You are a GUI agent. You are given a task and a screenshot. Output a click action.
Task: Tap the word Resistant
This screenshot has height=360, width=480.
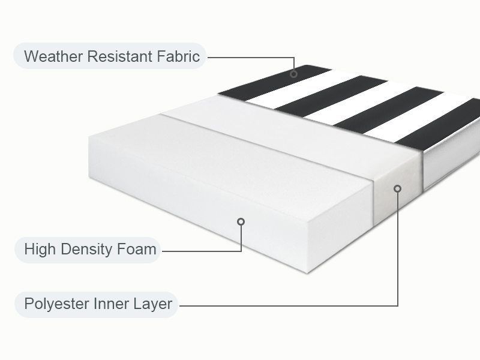click(x=116, y=57)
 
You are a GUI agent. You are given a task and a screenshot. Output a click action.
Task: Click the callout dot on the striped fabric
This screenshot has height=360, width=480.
click(x=294, y=74)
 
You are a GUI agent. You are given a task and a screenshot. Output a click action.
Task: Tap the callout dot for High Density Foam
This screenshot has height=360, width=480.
click(x=241, y=221)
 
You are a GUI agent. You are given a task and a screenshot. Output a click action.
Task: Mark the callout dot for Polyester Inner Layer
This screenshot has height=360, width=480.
click(x=397, y=188)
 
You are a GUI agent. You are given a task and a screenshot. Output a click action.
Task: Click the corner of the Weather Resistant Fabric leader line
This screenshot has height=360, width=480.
click(x=294, y=58)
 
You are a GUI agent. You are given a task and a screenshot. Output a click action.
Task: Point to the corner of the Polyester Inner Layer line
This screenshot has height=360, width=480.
click(x=397, y=305)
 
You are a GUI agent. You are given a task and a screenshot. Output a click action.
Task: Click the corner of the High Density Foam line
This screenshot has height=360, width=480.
click(x=241, y=250)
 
